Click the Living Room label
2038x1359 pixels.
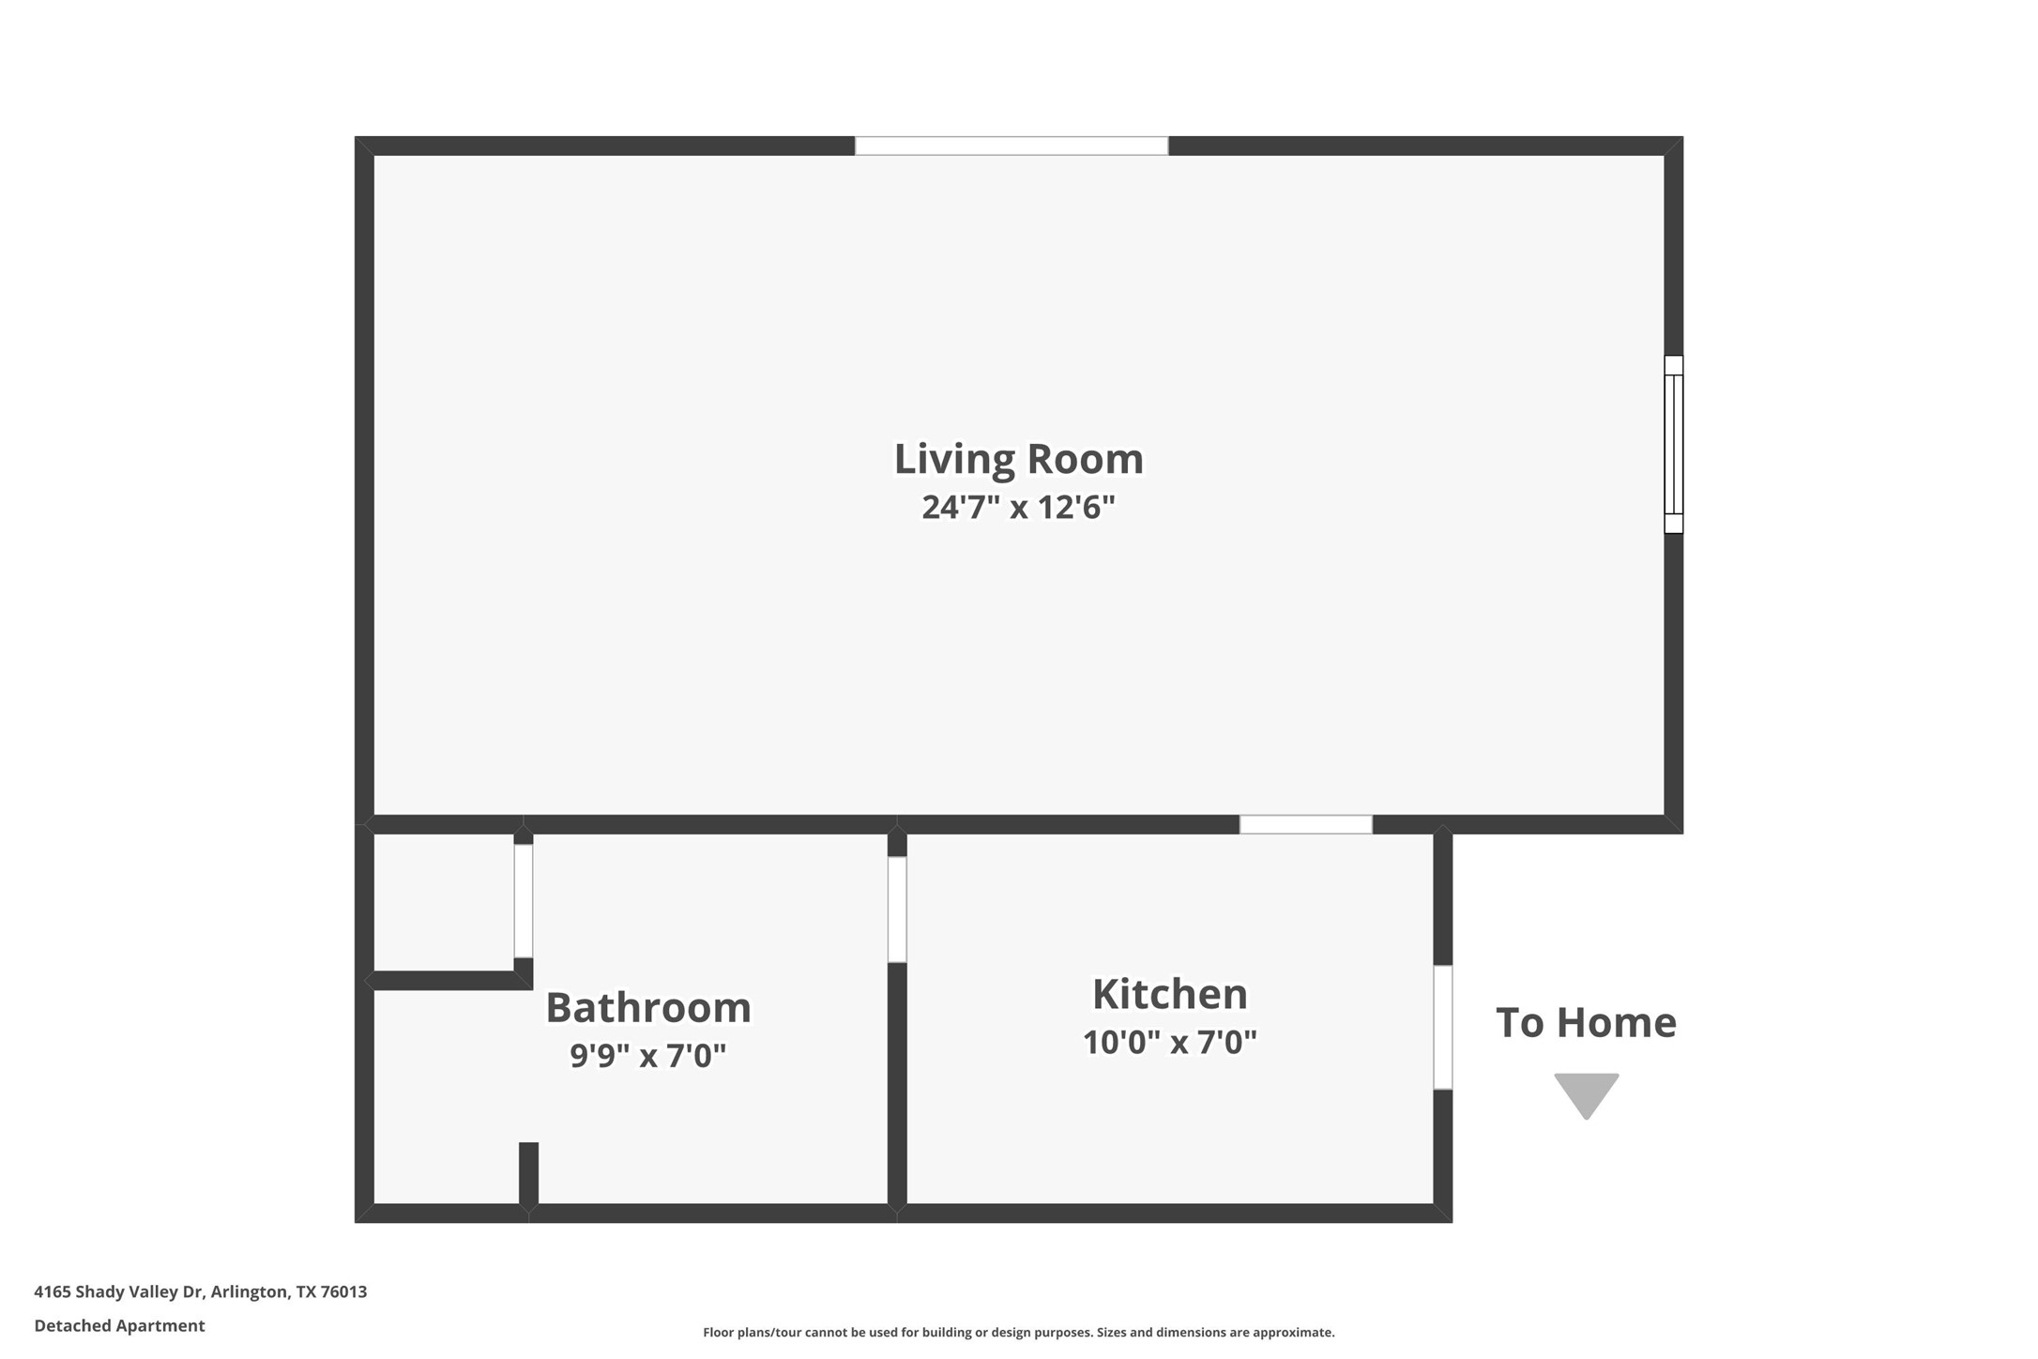click(1018, 460)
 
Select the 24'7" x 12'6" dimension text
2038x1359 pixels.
click(1018, 508)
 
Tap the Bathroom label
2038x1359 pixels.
click(648, 1008)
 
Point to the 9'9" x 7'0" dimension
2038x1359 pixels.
click(648, 1056)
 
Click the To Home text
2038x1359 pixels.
click(1586, 1023)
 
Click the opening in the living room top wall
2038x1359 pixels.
click(1011, 145)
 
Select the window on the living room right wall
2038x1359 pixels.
click(1673, 444)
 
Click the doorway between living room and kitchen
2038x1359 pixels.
click(1305, 825)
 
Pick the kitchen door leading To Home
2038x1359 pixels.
click(1442, 1027)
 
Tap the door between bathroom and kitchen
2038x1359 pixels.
click(897, 909)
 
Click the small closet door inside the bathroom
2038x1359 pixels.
click(524, 901)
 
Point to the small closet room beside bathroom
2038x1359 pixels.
click(443, 901)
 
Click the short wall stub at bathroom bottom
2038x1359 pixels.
click(528, 1173)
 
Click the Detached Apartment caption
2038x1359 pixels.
click(119, 1326)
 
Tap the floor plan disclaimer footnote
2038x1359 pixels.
click(1018, 1333)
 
